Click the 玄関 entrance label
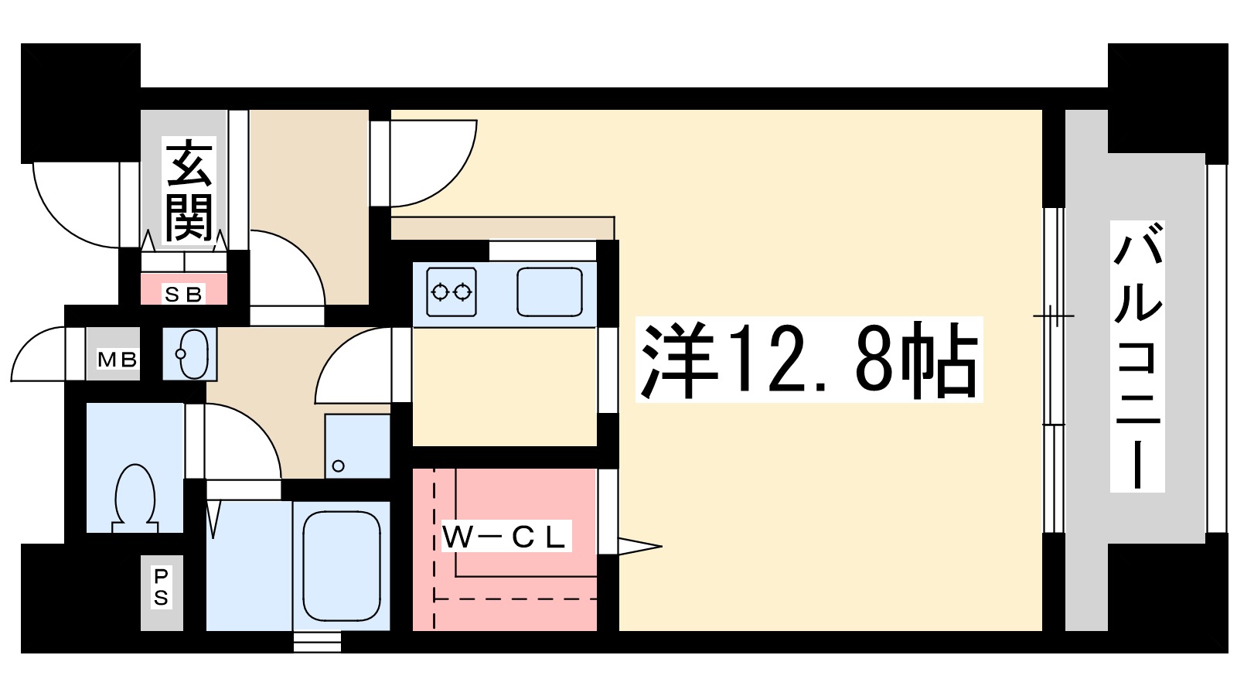coord(189,190)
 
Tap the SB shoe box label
coord(183,294)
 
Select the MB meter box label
coord(117,360)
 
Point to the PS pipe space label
coord(161,588)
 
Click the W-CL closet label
coord(505,537)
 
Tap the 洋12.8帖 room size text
coord(808,360)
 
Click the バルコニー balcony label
coord(1137,356)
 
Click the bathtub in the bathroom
coord(342,565)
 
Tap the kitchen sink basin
coord(549,292)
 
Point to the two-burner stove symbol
coord(452,292)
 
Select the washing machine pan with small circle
coord(356,446)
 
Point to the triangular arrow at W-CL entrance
coord(639,547)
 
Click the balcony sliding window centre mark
coord(1053,316)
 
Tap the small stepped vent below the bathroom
coord(317,642)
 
